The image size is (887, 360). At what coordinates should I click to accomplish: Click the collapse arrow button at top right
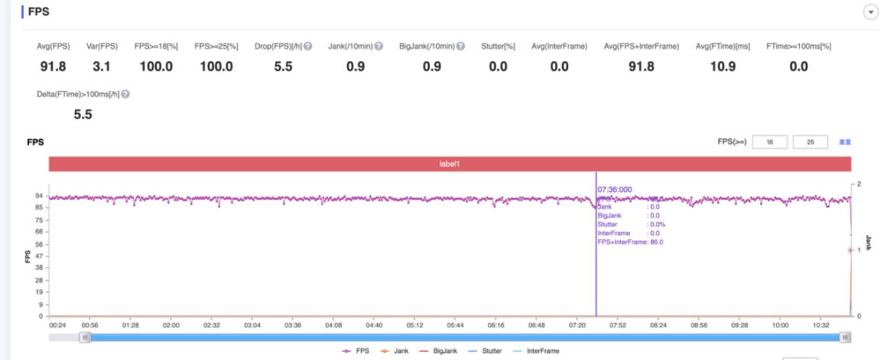(869, 12)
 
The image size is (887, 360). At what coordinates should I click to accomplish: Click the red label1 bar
(450, 164)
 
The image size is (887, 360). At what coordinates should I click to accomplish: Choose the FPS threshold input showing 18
(770, 142)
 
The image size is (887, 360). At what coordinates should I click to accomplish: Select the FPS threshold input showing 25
(811, 142)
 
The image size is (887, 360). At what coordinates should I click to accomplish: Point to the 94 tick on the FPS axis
(38, 196)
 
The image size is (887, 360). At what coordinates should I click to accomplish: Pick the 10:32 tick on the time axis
(821, 325)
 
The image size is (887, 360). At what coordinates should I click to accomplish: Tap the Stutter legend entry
(482, 351)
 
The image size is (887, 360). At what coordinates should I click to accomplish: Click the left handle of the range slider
(85, 337)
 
